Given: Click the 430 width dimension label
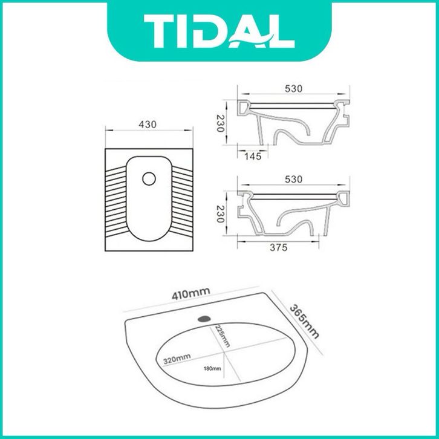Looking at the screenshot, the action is (x=148, y=125).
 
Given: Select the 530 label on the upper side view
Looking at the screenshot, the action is (x=294, y=88).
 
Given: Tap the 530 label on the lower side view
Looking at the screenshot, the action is (x=294, y=179).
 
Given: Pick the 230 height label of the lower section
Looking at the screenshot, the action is (x=220, y=214).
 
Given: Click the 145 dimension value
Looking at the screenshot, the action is (x=253, y=156).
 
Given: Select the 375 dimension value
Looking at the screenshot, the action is (x=279, y=247).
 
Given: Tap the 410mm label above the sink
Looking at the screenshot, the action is (x=190, y=294).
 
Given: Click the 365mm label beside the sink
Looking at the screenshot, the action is (x=304, y=321).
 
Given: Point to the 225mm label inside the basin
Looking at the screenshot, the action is (x=223, y=336).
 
